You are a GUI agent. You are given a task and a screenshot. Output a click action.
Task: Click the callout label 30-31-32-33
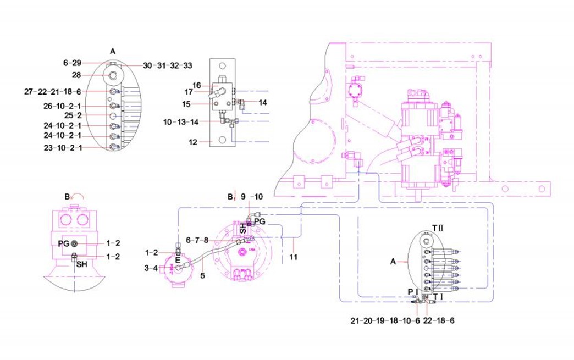(x=168, y=65)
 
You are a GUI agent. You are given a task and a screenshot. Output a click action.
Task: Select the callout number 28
(x=78, y=74)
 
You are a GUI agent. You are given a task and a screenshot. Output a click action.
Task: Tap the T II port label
(x=439, y=227)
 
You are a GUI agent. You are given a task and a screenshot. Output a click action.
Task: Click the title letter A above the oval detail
(x=113, y=51)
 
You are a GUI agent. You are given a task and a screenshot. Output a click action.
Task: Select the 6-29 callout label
(x=72, y=63)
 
